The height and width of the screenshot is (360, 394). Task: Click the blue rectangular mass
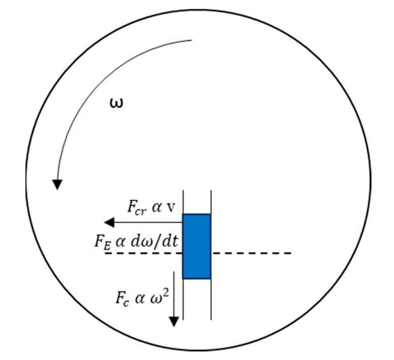pyautogui.click(x=197, y=246)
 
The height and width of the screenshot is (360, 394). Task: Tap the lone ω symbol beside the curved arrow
pyautogui.click(x=117, y=103)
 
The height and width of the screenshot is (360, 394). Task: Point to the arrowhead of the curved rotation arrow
pyautogui.click(x=57, y=185)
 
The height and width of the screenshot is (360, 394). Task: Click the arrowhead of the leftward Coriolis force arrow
pyautogui.click(x=109, y=223)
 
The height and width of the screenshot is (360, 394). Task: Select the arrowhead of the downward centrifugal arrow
pyautogui.click(x=174, y=322)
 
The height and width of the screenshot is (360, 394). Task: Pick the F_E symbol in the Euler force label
pyautogui.click(x=103, y=242)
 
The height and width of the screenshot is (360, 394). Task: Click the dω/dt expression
pyautogui.click(x=154, y=242)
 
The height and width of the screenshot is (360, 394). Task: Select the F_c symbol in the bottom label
pyautogui.click(x=123, y=298)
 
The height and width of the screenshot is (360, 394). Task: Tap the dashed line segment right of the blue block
pyautogui.click(x=251, y=253)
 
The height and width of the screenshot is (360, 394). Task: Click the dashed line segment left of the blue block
pyautogui.click(x=144, y=253)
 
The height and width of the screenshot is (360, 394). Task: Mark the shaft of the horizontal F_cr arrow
pyautogui.click(x=148, y=223)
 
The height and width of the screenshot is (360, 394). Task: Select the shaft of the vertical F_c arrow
pyautogui.click(x=174, y=294)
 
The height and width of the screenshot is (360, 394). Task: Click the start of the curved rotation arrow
pyautogui.click(x=192, y=40)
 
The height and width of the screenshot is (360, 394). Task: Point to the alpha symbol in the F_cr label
pyautogui.click(x=156, y=208)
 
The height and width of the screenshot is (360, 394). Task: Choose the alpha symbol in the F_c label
pyautogui.click(x=139, y=298)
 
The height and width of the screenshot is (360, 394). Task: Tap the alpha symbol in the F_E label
pyautogui.click(x=120, y=242)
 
